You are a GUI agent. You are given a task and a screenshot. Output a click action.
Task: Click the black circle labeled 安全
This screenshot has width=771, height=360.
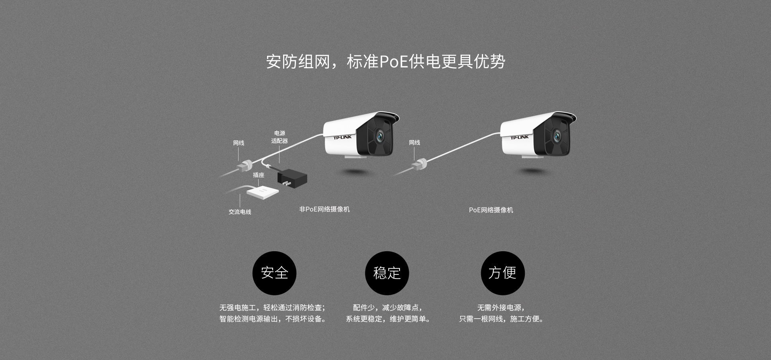coord(274,273)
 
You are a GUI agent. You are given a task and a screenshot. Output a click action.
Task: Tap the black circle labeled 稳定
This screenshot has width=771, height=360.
coord(387,273)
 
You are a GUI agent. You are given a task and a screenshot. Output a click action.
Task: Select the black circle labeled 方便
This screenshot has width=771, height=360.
coord(502,273)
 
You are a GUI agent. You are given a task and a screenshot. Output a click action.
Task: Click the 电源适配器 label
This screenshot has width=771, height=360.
coord(279,137)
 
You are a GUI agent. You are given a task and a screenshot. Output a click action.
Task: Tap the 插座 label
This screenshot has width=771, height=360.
coord(259,175)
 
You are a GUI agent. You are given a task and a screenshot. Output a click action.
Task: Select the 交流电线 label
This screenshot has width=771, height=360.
coord(240,212)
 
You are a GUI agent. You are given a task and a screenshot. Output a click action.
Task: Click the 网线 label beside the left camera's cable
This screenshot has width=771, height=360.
coord(239,143)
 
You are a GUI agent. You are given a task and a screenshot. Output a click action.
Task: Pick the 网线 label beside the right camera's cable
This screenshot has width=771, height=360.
coord(414,142)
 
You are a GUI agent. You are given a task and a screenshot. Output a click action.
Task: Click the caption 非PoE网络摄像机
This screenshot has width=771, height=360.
coord(324,209)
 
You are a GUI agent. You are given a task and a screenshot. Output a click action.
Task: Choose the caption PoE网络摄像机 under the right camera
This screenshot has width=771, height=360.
coord(491,210)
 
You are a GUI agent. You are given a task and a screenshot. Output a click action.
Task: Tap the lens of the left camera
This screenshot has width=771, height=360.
coord(379,136)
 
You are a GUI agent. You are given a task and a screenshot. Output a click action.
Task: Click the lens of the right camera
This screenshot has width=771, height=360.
coord(556,136)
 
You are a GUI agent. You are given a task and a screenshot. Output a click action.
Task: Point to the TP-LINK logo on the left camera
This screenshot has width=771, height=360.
coord(342,138)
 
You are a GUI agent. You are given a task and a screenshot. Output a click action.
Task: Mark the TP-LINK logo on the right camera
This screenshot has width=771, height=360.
coord(519,138)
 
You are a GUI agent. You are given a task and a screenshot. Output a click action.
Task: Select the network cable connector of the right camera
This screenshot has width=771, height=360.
coord(419,164)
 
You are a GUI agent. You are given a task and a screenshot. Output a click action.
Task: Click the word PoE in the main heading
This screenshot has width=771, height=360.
coord(393,62)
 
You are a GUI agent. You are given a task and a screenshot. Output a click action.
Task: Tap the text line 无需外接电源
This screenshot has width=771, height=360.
coord(501,307)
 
